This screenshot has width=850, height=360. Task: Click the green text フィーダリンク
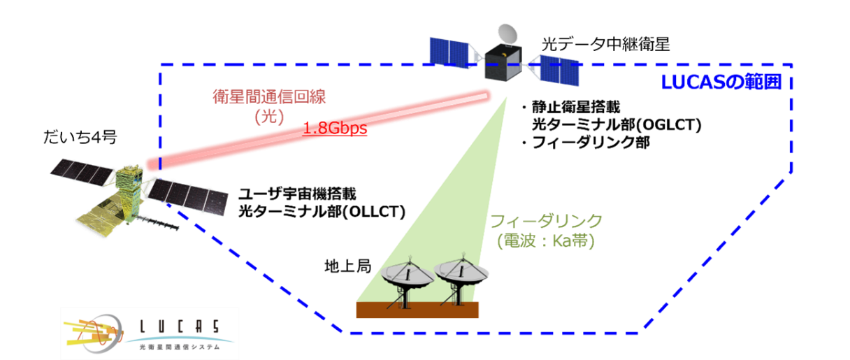pyautogui.click(x=546, y=222)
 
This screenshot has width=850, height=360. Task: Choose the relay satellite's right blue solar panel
pyautogui.click(x=560, y=69)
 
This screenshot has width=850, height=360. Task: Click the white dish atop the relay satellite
pyautogui.click(x=508, y=32)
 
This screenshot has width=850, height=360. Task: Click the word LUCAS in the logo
pyautogui.click(x=178, y=326)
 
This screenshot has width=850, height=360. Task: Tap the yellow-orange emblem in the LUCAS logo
pyautogui.click(x=91, y=333)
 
